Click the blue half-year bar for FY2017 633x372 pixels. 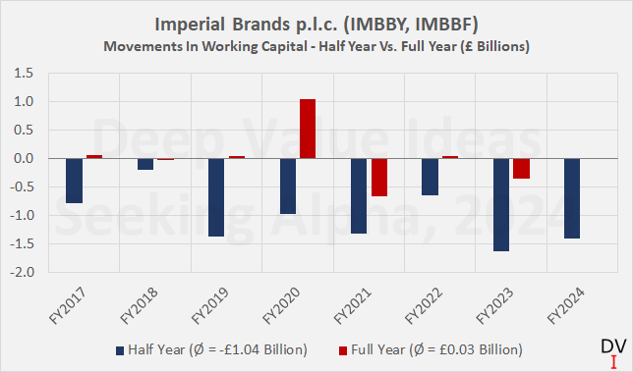click(x=74, y=181)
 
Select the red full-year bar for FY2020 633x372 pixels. click(x=307, y=129)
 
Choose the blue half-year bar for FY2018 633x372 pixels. click(x=145, y=164)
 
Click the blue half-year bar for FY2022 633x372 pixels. click(x=430, y=177)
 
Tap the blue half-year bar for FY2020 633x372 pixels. click(x=287, y=186)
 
